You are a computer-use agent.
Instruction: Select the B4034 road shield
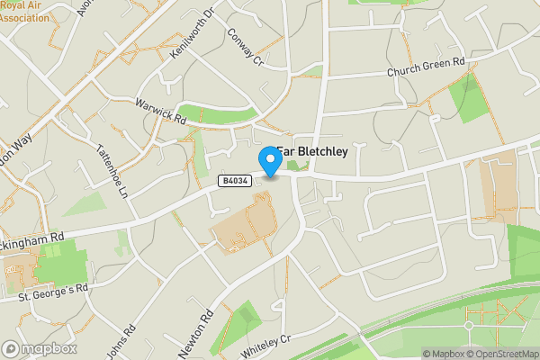pyautogui.click(x=232, y=182)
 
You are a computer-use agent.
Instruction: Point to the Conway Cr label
pyautogui.click(x=244, y=49)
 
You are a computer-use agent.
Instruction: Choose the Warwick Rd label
pyautogui.click(x=160, y=111)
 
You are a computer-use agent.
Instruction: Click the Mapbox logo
pyautogui.click(x=40, y=348)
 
